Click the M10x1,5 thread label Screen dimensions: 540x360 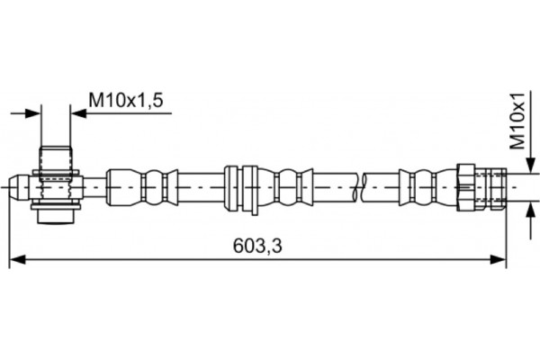pos(126,100)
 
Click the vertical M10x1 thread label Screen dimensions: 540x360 pos(517,121)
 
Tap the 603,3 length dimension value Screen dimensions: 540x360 pos(257,246)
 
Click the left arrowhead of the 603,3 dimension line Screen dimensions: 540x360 pos(17,259)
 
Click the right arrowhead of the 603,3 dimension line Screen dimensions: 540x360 pos(499,259)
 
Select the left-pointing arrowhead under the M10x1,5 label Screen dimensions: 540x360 pos(78,113)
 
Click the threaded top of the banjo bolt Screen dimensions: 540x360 pos(56,158)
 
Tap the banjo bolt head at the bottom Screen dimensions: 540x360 pos(56,214)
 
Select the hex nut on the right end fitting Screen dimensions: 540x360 pos(466,187)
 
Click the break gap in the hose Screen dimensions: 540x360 pos(359,187)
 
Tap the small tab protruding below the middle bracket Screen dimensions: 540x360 pos(254,211)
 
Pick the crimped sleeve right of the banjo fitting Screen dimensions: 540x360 pos(142,187)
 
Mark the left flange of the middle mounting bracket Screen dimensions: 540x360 pos(230,188)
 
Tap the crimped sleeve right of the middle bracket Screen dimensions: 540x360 pos(285,187)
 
